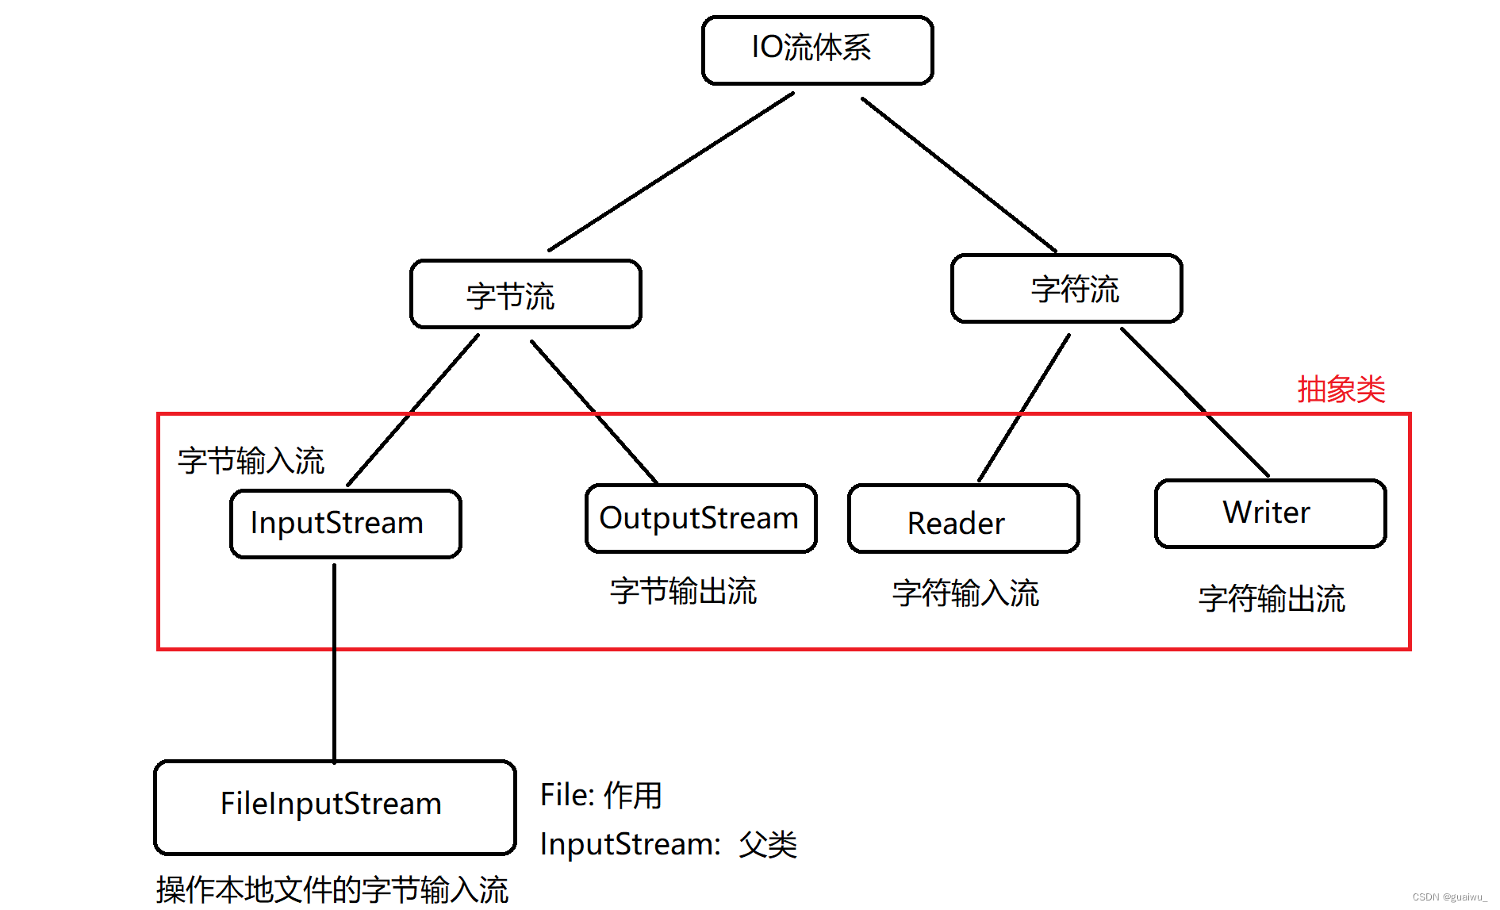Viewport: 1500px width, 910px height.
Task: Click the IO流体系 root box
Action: pos(817,49)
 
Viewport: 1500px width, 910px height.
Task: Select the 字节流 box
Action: pos(525,294)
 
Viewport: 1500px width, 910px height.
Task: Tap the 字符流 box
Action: pos(1066,289)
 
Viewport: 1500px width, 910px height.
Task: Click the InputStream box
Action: pos(345,524)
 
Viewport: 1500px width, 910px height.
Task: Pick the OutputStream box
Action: pos(700,518)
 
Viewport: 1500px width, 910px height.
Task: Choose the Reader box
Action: pos(963,519)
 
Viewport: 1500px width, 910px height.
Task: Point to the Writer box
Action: pos(1270,513)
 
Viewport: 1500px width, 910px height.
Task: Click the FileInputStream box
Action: pos(334,806)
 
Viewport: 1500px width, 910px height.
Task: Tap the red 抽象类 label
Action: pos(1341,390)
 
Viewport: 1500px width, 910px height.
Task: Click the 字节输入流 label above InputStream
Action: pos(251,461)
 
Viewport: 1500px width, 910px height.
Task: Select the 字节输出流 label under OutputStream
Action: pos(683,592)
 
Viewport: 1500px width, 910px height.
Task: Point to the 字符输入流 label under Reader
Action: pos(965,593)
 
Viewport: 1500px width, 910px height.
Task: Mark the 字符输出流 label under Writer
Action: pos(1272,599)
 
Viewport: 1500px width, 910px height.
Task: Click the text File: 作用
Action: pos(600,795)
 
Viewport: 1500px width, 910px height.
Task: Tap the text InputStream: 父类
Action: pos(667,844)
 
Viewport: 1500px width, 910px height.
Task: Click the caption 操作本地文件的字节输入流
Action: pos(332,889)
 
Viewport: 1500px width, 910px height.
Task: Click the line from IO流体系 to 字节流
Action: pos(671,171)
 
